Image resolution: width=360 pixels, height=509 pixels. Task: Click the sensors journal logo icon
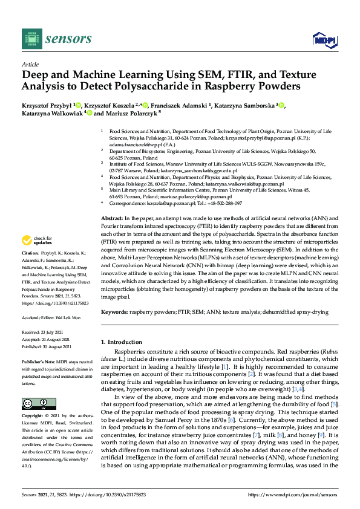point(31,39)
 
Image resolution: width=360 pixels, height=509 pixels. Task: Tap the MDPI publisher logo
point(324,41)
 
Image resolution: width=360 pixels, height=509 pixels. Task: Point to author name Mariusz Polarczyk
point(129,113)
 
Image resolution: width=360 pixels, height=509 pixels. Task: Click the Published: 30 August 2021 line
point(47,346)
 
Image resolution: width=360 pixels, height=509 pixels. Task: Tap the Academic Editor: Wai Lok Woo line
point(53,317)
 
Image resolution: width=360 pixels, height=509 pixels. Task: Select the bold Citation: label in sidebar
point(31,287)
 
